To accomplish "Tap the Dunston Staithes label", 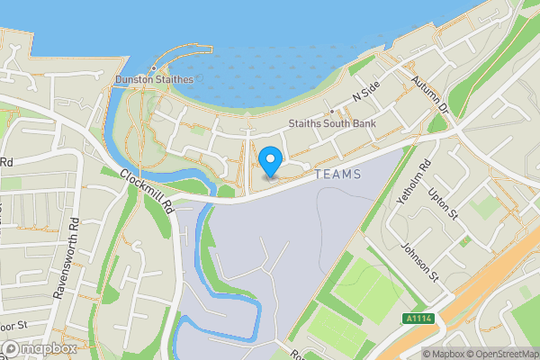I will coord(154,80).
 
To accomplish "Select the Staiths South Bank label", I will coord(332,124).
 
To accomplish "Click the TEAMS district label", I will coord(338,174).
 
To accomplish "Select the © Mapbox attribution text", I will coord(441,354).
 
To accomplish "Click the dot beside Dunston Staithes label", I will coord(154,67).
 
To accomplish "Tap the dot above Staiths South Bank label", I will coord(332,112).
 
